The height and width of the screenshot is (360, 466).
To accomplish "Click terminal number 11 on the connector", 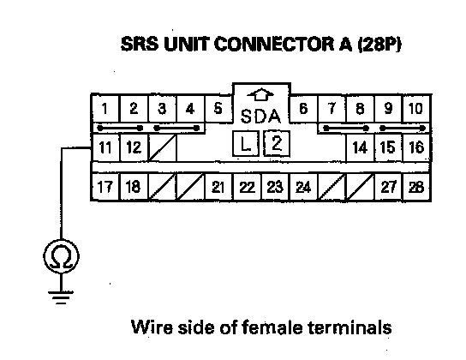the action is pos(105,147).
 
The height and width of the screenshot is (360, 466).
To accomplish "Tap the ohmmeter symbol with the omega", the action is pos(61,256).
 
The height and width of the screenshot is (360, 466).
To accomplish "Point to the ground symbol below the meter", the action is pos(61,297).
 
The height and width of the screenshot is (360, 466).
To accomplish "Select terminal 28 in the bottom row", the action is pos(416,187).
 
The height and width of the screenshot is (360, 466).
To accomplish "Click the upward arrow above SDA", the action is pos(260,94).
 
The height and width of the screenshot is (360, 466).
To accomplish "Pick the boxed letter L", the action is pos(245,144).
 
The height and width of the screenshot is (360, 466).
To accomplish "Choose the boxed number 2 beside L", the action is pos(277,143).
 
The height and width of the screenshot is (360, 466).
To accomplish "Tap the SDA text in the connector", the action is pos(260,117).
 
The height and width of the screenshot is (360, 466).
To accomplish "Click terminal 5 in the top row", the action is pos(218,109).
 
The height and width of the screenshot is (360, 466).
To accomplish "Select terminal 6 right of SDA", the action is pos(303,109).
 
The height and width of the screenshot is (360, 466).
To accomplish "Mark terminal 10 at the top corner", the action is pos(416,109).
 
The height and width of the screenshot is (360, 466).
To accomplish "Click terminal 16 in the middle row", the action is pos(416,147).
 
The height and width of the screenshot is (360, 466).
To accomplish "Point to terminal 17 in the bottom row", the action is pos(105,187).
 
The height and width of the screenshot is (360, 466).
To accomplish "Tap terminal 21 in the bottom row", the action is pos(218,187).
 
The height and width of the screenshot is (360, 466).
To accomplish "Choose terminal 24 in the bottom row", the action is pos(303,187).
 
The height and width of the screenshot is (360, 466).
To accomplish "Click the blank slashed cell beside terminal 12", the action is pos(162,147).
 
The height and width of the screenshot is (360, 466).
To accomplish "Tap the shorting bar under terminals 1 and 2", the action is pos(120,128).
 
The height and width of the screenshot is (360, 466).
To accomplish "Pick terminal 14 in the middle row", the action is pos(360,147).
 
